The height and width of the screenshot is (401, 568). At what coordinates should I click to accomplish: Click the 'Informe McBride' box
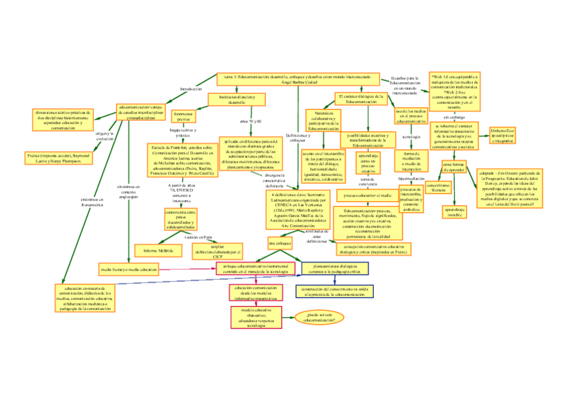[158, 250]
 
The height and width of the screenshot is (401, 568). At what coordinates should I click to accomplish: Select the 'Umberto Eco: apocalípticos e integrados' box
[501, 135]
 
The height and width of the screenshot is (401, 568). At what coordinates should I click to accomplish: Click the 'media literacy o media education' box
[129, 270]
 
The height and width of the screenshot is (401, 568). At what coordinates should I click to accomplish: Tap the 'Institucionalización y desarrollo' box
[237, 99]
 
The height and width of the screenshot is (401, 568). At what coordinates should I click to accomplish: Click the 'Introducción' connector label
[191, 88]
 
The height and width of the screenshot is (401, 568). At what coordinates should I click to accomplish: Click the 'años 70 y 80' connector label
[249, 121]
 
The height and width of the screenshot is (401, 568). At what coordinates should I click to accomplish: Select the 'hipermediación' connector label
[411, 179]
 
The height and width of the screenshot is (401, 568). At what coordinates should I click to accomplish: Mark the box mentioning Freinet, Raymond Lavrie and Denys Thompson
[59, 157]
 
